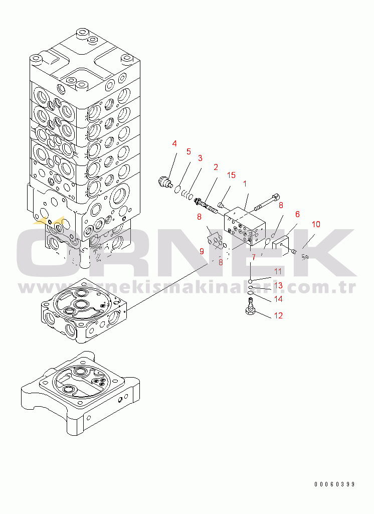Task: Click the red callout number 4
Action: pyautogui.click(x=174, y=144)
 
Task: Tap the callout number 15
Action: pyautogui.click(x=231, y=175)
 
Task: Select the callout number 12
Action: pyautogui.click(x=277, y=316)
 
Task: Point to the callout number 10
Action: pyautogui.click(x=316, y=224)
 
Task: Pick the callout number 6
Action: pyautogui.click(x=297, y=214)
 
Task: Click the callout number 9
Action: pyautogui.click(x=202, y=251)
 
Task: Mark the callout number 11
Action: pyautogui.click(x=277, y=271)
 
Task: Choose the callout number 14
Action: pyautogui.click(x=277, y=299)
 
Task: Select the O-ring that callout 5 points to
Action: pyautogui.click(x=177, y=188)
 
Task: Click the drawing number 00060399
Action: pyautogui.click(x=334, y=484)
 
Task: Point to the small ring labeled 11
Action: pyautogui.click(x=250, y=281)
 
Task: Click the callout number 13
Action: pyautogui.click(x=277, y=285)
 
